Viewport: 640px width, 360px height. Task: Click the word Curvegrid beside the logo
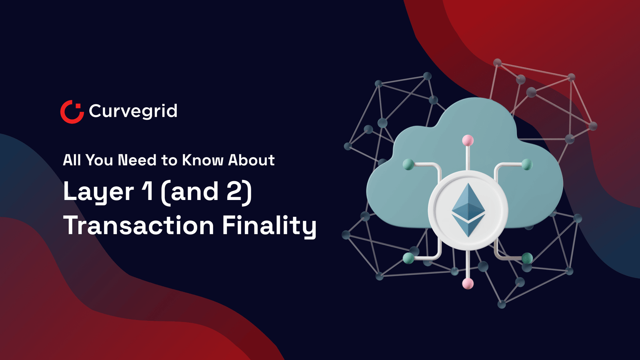pyautogui.click(x=133, y=111)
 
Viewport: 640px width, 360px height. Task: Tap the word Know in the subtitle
pyautogui.click(x=203, y=160)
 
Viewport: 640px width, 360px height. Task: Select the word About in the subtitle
pyautogui.click(x=251, y=160)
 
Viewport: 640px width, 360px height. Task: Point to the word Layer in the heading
pyautogui.click(x=98, y=192)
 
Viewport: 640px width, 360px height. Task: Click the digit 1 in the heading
pyautogui.click(x=148, y=191)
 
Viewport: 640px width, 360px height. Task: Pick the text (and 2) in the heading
pyautogui.click(x=206, y=192)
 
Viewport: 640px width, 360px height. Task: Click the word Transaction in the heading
pyautogui.click(x=138, y=226)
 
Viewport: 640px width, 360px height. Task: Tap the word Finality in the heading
pyautogui.click(x=269, y=226)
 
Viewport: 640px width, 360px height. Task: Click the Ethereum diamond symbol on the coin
pyautogui.click(x=468, y=210)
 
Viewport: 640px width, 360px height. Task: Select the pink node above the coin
pyautogui.click(x=468, y=140)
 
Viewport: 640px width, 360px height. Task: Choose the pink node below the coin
pyautogui.click(x=468, y=284)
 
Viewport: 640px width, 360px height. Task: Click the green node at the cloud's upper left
pyautogui.click(x=408, y=164)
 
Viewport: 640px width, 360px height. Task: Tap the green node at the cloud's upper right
pyautogui.click(x=527, y=164)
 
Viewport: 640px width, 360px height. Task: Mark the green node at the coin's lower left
pyautogui.click(x=408, y=258)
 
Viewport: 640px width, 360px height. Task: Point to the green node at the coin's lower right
pyautogui.click(x=527, y=258)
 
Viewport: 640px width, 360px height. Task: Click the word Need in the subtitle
pyautogui.click(x=137, y=160)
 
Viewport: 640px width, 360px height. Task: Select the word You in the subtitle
pyautogui.click(x=99, y=160)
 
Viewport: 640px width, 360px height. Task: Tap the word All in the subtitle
pyautogui.click(x=72, y=160)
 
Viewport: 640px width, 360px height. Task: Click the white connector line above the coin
pyautogui.click(x=468, y=158)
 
